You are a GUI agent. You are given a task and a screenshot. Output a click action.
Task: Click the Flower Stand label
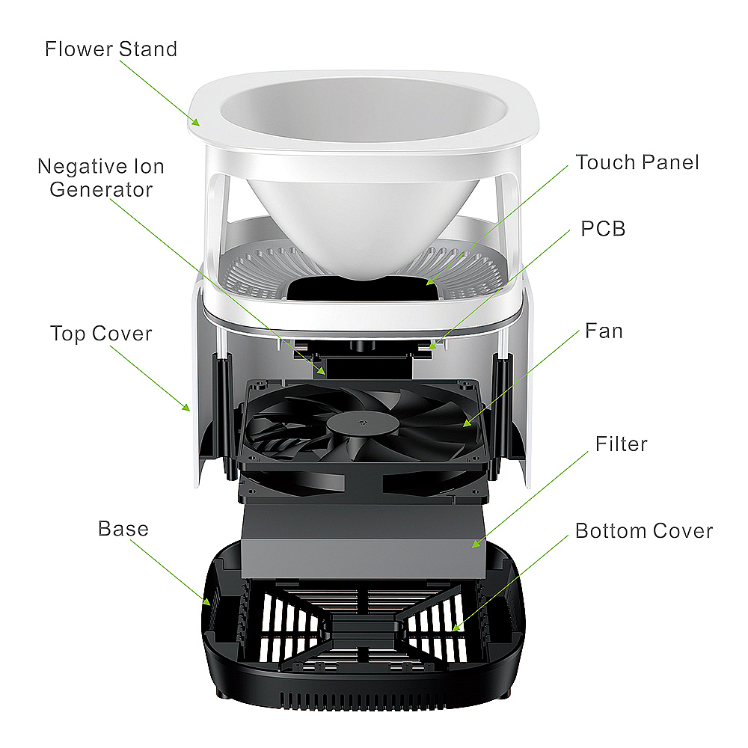[x=111, y=49]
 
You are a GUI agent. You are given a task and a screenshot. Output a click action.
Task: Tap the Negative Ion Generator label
[x=101, y=178]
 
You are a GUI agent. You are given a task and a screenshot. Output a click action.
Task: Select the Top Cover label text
[x=101, y=334]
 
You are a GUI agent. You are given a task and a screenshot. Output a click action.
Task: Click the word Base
[x=123, y=529]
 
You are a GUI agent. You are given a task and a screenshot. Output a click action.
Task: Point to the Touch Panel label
[x=637, y=162]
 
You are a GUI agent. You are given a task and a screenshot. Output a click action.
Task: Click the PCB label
[x=603, y=228]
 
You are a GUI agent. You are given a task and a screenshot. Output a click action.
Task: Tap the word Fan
[x=604, y=331]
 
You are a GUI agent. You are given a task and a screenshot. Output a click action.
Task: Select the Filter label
[x=622, y=444]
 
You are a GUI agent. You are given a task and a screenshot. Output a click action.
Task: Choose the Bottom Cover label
[x=644, y=531]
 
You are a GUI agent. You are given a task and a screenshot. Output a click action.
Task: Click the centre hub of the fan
[x=363, y=423]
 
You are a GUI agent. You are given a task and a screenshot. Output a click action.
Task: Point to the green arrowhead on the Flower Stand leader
[x=195, y=122]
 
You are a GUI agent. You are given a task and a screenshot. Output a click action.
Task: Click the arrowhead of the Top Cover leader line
[x=186, y=406]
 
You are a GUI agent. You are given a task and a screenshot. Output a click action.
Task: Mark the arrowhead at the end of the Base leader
[x=206, y=601]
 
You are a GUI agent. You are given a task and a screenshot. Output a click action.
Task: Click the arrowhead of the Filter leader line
[x=476, y=544]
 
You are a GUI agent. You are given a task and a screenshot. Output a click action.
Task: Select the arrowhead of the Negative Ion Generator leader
[x=322, y=371]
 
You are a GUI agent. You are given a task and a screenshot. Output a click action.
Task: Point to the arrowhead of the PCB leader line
[x=432, y=346]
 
